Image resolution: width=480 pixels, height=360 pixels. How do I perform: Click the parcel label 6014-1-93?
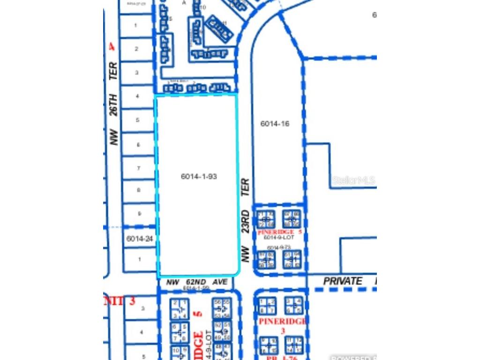tap(199, 177)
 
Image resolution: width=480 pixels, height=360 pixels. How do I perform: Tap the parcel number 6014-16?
tap(275, 124)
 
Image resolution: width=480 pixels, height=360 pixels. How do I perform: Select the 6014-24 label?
tap(139, 239)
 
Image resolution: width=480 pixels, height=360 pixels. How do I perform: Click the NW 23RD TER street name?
tap(245, 220)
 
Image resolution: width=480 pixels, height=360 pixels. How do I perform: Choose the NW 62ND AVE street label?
tap(196, 282)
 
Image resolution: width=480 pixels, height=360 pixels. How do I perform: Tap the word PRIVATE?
tap(343, 281)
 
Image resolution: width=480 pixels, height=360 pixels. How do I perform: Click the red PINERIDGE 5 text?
tap(279, 232)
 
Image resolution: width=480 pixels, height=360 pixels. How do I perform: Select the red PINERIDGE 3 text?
tap(282, 326)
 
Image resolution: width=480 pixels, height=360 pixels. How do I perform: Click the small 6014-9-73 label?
tap(279, 247)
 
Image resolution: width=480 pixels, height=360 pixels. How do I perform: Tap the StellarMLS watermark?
tap(353, 180)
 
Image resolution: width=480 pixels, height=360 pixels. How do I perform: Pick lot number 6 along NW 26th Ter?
tap(139, 145)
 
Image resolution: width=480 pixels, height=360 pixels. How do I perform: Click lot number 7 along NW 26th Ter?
tap(139, 168)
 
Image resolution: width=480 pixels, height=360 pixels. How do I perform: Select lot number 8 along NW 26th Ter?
tap(139, 190)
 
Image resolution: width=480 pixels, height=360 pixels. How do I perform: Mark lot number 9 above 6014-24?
tap(139, 214)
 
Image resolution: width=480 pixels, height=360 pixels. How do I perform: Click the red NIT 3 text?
tap(120, 301)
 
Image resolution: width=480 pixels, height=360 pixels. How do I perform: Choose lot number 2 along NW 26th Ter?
tap(136, 49)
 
